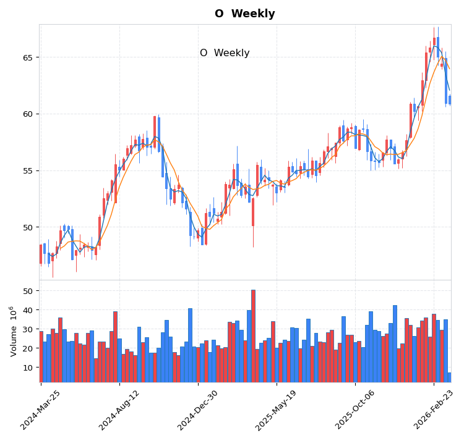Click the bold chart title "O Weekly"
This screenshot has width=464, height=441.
pos(244,14)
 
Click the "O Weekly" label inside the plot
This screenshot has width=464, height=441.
pos(225,53)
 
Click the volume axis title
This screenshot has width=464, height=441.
pos(12,331)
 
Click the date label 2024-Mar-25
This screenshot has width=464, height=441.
pos(41,409)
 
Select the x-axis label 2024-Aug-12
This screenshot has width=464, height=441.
pos(119,409)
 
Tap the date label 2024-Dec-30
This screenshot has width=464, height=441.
pos(198,409)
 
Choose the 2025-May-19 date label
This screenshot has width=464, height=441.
pos(277,409)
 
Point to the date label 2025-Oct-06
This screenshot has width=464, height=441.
pos(355,409)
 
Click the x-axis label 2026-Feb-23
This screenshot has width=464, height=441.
pos(434,409)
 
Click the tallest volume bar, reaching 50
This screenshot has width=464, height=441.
pos(253,336)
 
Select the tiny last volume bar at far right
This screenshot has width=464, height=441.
pos(449,377)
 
